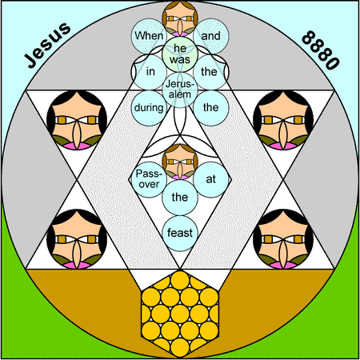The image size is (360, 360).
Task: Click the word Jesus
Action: click(x=47, y=45)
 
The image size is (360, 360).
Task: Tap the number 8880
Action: click(x=321, y=50)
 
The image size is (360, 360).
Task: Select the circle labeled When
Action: click(x=149, y=36)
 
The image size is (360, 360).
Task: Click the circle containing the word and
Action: click(x=211, y=36)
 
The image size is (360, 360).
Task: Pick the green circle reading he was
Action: click(x=180, y=54)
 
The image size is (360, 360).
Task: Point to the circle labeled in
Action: click(x=150, y=72)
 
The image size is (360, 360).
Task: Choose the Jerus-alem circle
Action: click(x=180, y=90)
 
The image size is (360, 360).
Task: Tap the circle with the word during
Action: click(x=149, y=108)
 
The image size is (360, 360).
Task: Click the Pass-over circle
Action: click(x=149, y=179)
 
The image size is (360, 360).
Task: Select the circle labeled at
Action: click(x=211, y=179)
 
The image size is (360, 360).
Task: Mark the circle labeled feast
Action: click(x=180, y=234)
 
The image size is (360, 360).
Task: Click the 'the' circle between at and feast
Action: click(x=180, y=198)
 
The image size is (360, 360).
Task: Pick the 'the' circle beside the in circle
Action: click(x=210, y=72)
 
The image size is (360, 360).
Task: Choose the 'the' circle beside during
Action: click(x=211, y=108)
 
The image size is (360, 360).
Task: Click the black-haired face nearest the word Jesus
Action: click(x=77, y=120)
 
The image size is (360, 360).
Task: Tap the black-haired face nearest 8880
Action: click(x=283, y=120)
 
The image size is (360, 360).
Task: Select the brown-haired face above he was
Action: click(x=180, y=18)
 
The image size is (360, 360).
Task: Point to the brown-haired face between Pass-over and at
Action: click(x=180, y=162)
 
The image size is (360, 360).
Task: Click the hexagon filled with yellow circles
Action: click(x=180, y=314)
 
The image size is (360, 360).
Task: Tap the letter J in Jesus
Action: click(x=30, y=61)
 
